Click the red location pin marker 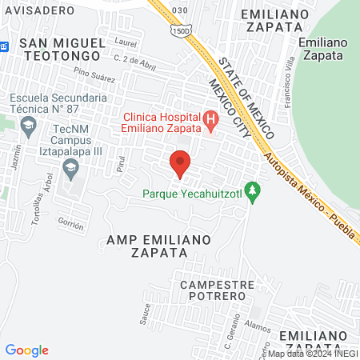180,164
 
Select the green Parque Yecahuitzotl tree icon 254,190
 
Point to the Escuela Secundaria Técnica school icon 29,125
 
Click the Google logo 27,350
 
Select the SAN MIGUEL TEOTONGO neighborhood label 61,49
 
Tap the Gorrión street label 71,226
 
